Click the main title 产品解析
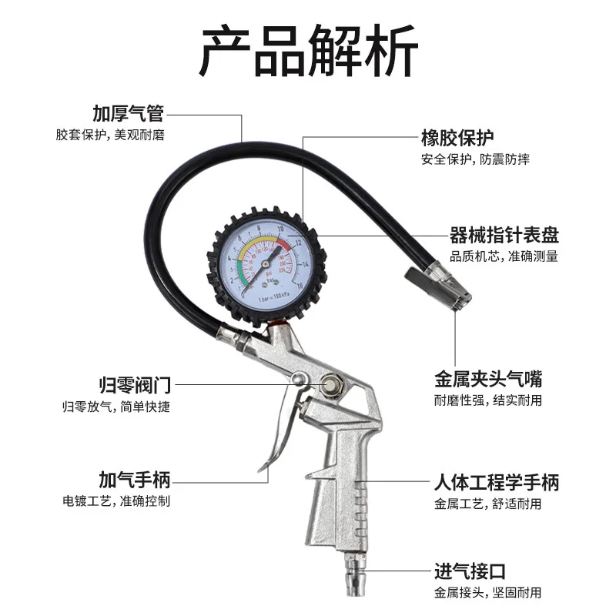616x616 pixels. [308, 50]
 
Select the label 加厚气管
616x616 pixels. [128, 115]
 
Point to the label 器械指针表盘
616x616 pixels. [504, 235]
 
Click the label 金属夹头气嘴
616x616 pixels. [488, 379]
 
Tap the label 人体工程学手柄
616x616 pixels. [496, 483]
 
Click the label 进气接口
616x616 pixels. [469, 571]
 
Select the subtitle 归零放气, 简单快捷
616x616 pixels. [116, 406]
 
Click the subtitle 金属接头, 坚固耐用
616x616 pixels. [487, 592]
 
